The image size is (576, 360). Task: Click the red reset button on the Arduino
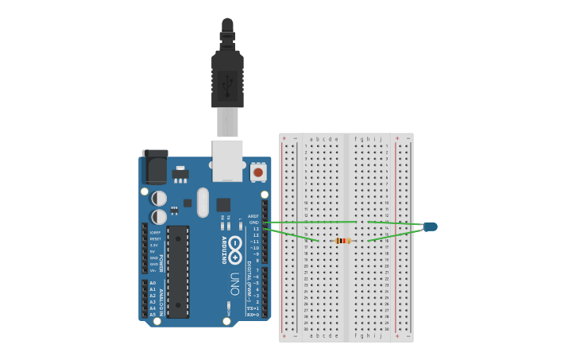pos(258,172)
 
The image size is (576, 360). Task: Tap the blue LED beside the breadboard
pos(430,226)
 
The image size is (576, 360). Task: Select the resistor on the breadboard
pos(342,241)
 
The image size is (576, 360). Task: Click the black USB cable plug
pos(227,79)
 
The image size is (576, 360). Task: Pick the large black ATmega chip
pos(178,271)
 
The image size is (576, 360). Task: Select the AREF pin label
pos(253,216)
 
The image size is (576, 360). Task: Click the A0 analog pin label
pos(153,283)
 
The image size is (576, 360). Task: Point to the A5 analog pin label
pos(153,315)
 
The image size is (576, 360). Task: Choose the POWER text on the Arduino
pos(160,263)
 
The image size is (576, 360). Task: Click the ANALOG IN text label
pos(160,303)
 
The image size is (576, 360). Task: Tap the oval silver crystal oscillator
pos(203,202)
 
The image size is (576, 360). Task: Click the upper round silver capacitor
pos(160,198)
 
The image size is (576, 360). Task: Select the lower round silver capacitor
pos(160,216)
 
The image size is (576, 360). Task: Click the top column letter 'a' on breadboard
pos(311,139)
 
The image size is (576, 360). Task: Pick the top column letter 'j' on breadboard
pos(381,139)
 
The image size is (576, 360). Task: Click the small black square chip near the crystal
pos(223,204)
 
